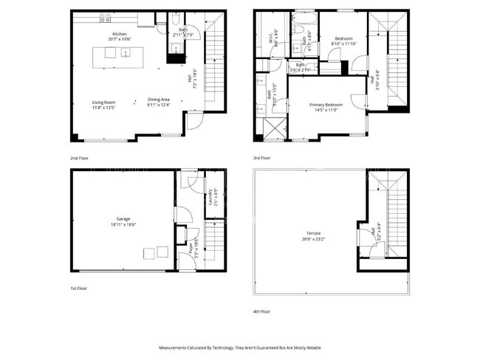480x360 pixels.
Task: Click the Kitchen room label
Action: coord(120,35)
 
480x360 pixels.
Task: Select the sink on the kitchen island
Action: coord(126,52)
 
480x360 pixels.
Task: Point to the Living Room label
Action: coord(104,102)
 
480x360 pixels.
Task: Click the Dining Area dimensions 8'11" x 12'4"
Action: coord(159,105)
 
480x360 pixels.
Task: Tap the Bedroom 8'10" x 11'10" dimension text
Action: coord(344,44)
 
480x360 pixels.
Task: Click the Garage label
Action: coord(123,219)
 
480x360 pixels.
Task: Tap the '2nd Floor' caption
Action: coord(79,157)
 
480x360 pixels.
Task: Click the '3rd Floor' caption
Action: coord(262,157)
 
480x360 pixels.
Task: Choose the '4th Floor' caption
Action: coord(262,311)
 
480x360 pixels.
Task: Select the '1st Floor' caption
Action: coord(79,288)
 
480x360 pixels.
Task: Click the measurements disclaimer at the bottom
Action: coord(239,346)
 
